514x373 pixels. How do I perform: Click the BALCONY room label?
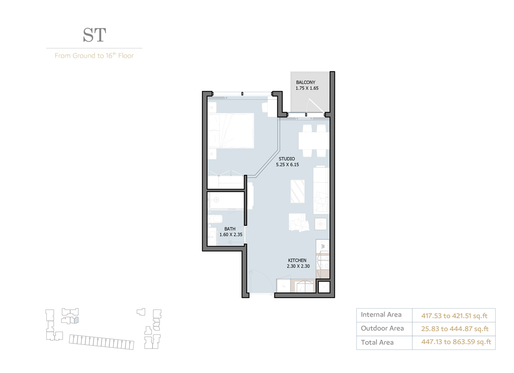(305, 82)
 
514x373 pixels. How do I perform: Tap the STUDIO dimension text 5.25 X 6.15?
(287, 165)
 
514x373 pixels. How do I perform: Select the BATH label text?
(230, 229)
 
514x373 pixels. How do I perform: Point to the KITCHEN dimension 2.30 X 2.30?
(298, 266)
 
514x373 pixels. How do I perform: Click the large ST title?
(94, 35)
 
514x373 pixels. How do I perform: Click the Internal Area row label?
(381, 315)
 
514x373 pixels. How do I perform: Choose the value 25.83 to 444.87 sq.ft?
(455, 329)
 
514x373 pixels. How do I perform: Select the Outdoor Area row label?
(382, 328)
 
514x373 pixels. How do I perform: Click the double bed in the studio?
(231, 130)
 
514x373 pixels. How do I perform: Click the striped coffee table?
(298, 191)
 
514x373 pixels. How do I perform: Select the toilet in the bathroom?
(216, 219)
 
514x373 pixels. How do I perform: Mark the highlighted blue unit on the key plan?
(76, 320)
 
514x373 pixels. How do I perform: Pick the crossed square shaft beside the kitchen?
(323, 287)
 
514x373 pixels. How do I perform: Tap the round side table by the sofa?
(320, 224)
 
